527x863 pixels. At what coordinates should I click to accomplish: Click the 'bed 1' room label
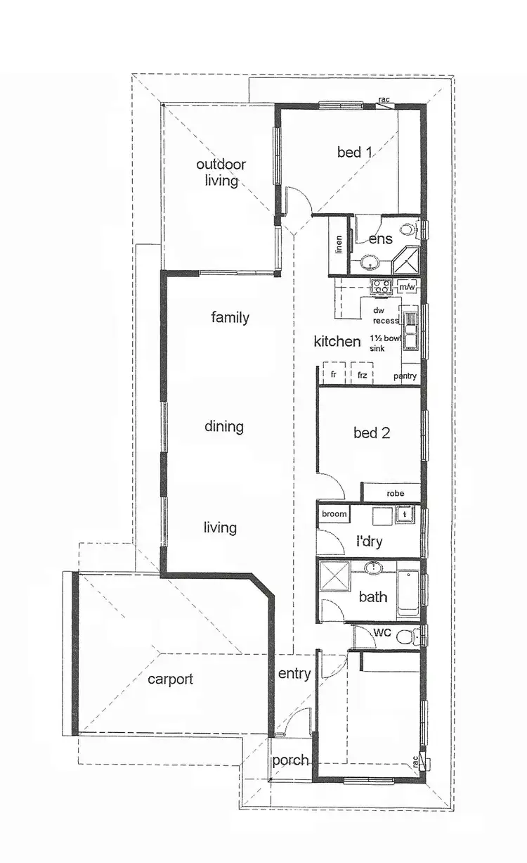tap(355, 152)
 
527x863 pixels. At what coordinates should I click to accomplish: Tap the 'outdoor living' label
tap(221, 172)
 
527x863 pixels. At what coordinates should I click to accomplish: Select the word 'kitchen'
tap(337, 342)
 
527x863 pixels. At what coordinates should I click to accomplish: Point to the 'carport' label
tap(170, 679)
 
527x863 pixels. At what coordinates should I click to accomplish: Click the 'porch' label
tap(290, 760)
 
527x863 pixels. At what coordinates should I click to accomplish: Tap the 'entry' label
tap(294, 674)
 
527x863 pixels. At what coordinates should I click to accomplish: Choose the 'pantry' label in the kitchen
tap(405, 376)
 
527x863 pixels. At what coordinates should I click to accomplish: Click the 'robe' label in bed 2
tap(396, 494)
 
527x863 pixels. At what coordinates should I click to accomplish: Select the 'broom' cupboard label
tap(334, 514)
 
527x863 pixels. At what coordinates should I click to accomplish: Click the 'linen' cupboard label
tap(339, 245)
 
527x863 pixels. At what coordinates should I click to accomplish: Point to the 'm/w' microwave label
tap(407, 287)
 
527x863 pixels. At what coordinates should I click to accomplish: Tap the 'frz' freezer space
tap(362, 376)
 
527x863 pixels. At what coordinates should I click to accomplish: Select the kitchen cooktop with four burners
tap(381, 286)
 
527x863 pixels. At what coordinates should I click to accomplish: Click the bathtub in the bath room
tap(408, 593)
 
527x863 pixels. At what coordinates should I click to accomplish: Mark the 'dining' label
tap(224, 426)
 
